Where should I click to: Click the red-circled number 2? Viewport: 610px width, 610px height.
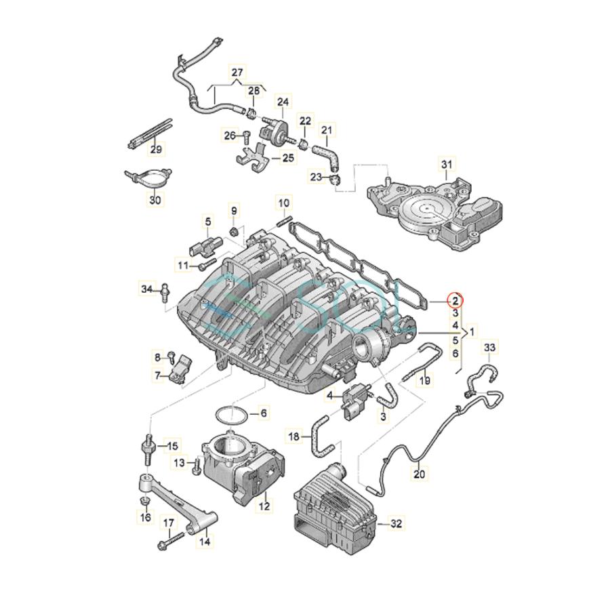click(x=455, y=300)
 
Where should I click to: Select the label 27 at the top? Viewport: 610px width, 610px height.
click(x=237, y=73)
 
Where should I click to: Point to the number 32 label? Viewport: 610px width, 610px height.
click(x=396, y=523)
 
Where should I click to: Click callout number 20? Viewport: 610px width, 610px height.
click(x=420, y=474)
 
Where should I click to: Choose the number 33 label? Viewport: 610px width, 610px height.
click(x=490, y=348)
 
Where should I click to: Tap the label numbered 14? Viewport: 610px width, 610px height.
click(x=203, y=542)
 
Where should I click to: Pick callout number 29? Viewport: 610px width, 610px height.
click(x=155, y=149)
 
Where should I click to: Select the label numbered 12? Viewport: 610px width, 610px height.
click(x=264, y=505)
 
